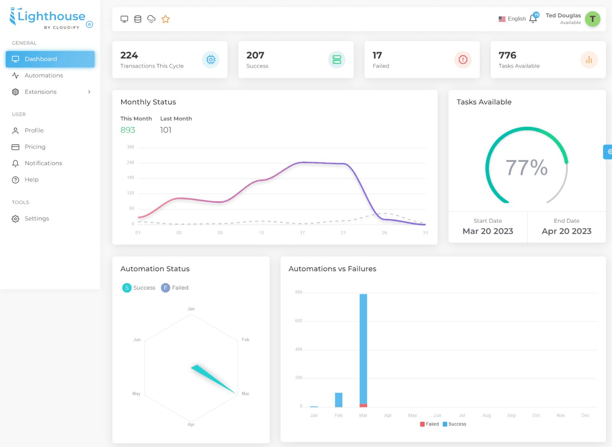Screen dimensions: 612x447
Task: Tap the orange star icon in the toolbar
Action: (x=166, y=19)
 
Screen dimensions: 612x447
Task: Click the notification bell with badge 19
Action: (x=533, y=18)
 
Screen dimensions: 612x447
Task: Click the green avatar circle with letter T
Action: (x=592, y=19)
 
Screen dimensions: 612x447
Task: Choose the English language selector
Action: (x=512, y=19)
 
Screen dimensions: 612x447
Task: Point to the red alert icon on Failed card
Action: (x=463, y=60)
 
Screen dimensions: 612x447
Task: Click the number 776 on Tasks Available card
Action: (x=507, y=55)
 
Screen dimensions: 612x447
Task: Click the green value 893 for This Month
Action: (x=128, y=130)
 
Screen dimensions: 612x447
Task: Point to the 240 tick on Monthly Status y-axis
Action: (x=130, y=162)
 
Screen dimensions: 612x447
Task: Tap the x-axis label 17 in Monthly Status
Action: (x=302, y=233)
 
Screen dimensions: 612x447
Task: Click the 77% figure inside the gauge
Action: (x=526, y=167)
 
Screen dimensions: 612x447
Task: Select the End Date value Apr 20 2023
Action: (x=566, y=231)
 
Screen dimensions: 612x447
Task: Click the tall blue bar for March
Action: (x=363, y=349)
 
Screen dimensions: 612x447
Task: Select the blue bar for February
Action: (x=339, y=400)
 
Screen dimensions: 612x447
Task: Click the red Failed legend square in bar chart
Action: (x=422, y=424)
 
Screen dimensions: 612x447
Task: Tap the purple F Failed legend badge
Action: (x=165, y=288)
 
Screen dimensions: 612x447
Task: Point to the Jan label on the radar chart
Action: (x=191, y=309)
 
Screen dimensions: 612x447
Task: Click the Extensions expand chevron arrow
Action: (x=89, y=92)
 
